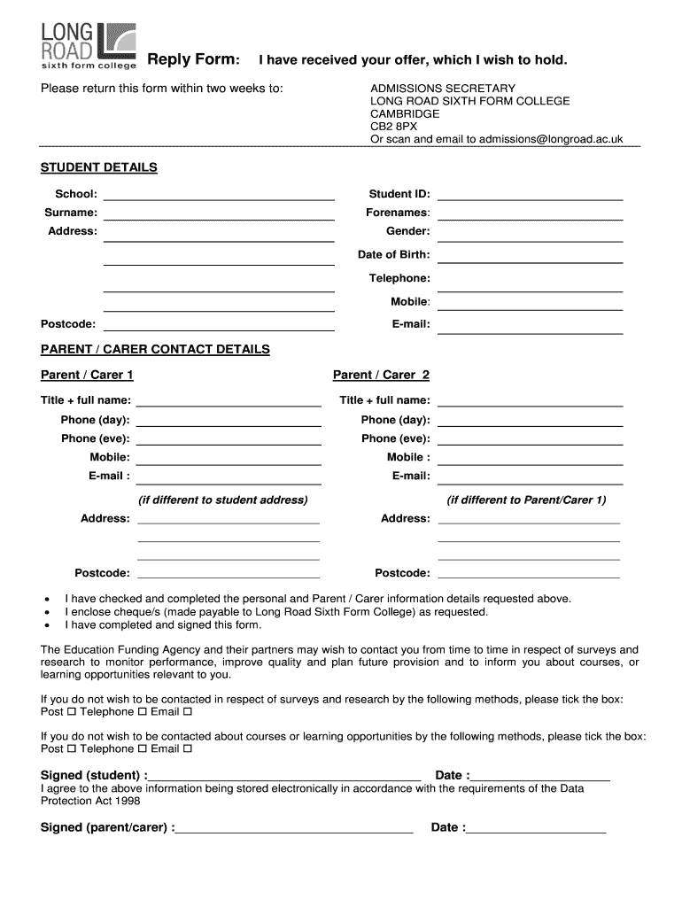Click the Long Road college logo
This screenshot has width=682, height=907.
pos(89,47)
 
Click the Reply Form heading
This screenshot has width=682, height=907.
pos(192,59)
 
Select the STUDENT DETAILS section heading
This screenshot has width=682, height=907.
pos(99,167)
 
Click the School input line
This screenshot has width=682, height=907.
pos(219,196)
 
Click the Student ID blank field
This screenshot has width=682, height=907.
pos(530,196)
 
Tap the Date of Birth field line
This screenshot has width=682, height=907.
pos(530,257)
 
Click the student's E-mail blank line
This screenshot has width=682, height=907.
pos(530,327)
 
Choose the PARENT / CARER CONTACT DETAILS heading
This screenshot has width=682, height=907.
pos(155,349)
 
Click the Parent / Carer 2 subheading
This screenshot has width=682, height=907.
pos(381,375)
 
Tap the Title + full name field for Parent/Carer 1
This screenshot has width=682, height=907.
pos(228,402)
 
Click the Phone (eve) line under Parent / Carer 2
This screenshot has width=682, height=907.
pos(530,440)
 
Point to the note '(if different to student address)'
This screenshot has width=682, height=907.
pos(223,500)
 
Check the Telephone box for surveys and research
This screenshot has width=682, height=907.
pos(141,712)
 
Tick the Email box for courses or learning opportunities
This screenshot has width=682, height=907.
pos(187,749)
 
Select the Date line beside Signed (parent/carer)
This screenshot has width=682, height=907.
pos(536,830)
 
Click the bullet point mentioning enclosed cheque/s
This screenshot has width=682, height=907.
pos(275,612)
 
